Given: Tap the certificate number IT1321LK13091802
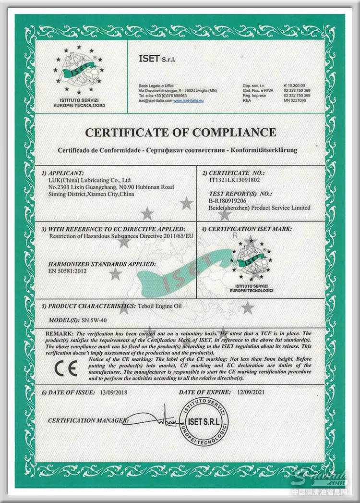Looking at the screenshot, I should click(232, 180).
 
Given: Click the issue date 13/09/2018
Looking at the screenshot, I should click(117, 393).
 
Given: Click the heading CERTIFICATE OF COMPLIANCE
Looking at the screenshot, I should click(180, 132).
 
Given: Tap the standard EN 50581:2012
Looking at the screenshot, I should click(71, 271).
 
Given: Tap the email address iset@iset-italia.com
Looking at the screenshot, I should click(155, 101).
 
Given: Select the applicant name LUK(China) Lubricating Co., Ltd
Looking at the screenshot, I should click(86, 180).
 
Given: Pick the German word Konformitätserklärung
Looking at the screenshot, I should click(264, 150).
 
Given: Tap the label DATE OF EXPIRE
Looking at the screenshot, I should click(204, 393).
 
